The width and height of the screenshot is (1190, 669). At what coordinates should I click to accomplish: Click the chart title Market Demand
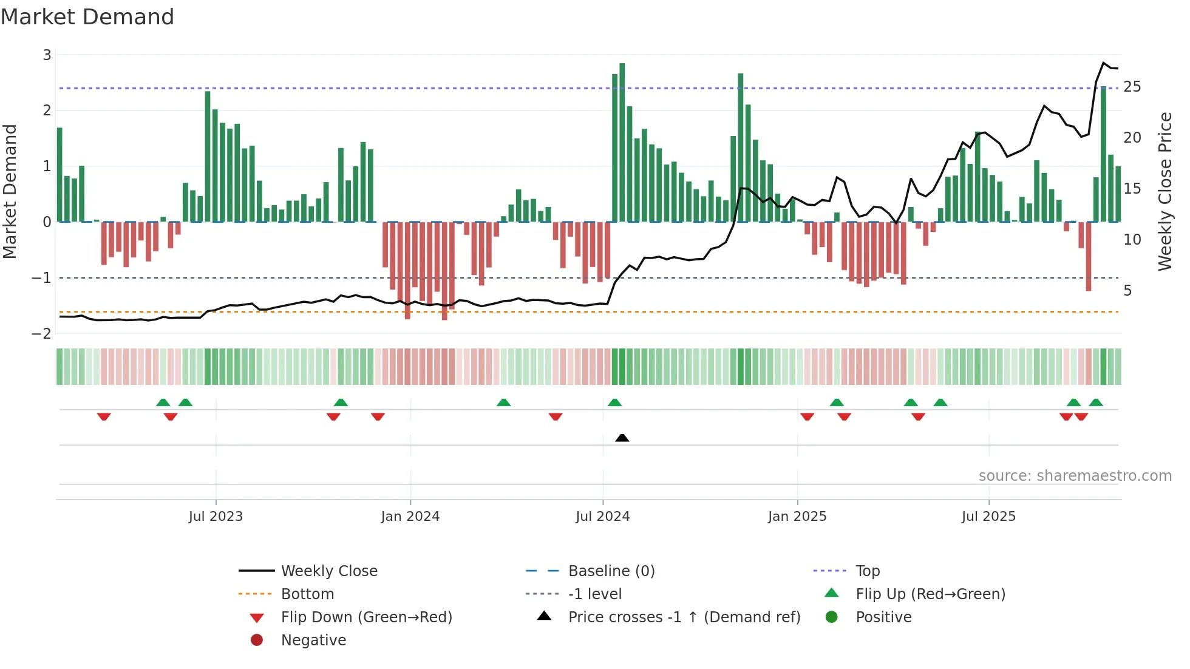(87, 17)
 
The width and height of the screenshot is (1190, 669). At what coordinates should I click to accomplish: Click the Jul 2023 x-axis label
(216, 517)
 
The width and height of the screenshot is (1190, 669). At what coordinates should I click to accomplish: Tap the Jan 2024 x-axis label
(410, 517)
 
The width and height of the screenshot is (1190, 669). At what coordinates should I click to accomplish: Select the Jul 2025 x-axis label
(988, 517)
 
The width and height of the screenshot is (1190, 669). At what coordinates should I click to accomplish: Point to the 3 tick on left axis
(47, 55)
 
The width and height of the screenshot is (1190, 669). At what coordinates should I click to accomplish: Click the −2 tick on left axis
(42, 333)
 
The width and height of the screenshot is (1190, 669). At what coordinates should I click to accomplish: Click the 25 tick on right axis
(1132, 87)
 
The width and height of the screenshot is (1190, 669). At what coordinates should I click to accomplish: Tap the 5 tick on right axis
(1127, 291)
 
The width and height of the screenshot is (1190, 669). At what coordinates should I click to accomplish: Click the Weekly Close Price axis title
(1165, 191)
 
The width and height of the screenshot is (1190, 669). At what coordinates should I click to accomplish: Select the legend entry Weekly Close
(329, 571)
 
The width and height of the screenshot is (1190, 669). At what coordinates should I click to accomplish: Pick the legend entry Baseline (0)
(611, 571)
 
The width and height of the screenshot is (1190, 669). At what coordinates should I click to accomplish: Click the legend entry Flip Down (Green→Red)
(366, 617)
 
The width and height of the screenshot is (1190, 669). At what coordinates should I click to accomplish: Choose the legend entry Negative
(313, 640)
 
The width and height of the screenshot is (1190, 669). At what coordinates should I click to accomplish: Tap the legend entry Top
(868, 571)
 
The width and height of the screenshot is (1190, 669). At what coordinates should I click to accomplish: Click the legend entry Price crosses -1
(684, 617)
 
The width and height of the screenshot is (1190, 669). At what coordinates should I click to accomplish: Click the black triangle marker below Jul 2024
(622, 438)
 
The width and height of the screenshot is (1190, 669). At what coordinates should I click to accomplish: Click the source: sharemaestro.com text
(1075, 476)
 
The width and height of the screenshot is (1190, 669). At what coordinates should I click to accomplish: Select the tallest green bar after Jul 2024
(622, 143)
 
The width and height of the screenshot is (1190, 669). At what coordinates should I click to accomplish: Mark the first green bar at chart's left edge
(59, 175)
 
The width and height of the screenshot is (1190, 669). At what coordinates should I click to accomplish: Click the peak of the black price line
(1104, 63)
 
